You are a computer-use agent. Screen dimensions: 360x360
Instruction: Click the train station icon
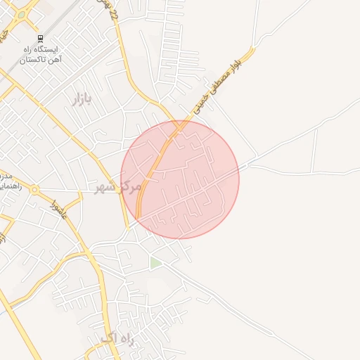coord(40,39)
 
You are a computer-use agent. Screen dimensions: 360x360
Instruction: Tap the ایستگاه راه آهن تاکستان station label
coord(40,56)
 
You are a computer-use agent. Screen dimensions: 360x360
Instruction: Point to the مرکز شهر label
coord(118,186)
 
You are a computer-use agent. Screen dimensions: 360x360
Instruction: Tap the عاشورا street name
coord(59,208)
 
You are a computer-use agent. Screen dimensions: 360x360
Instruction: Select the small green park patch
coord(155,263)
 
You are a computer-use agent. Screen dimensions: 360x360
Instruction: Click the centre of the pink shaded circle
coord(180,179)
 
